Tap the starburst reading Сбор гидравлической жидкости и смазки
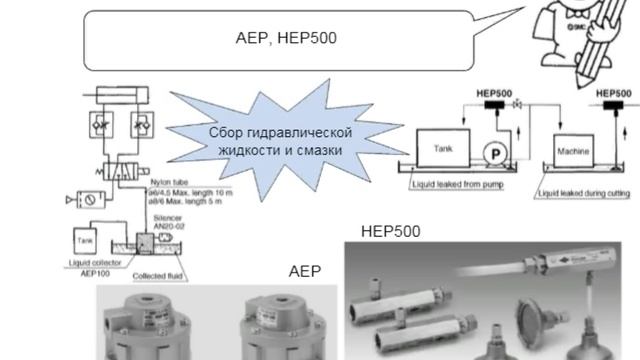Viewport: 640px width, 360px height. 281,141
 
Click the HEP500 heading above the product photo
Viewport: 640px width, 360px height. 390,231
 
